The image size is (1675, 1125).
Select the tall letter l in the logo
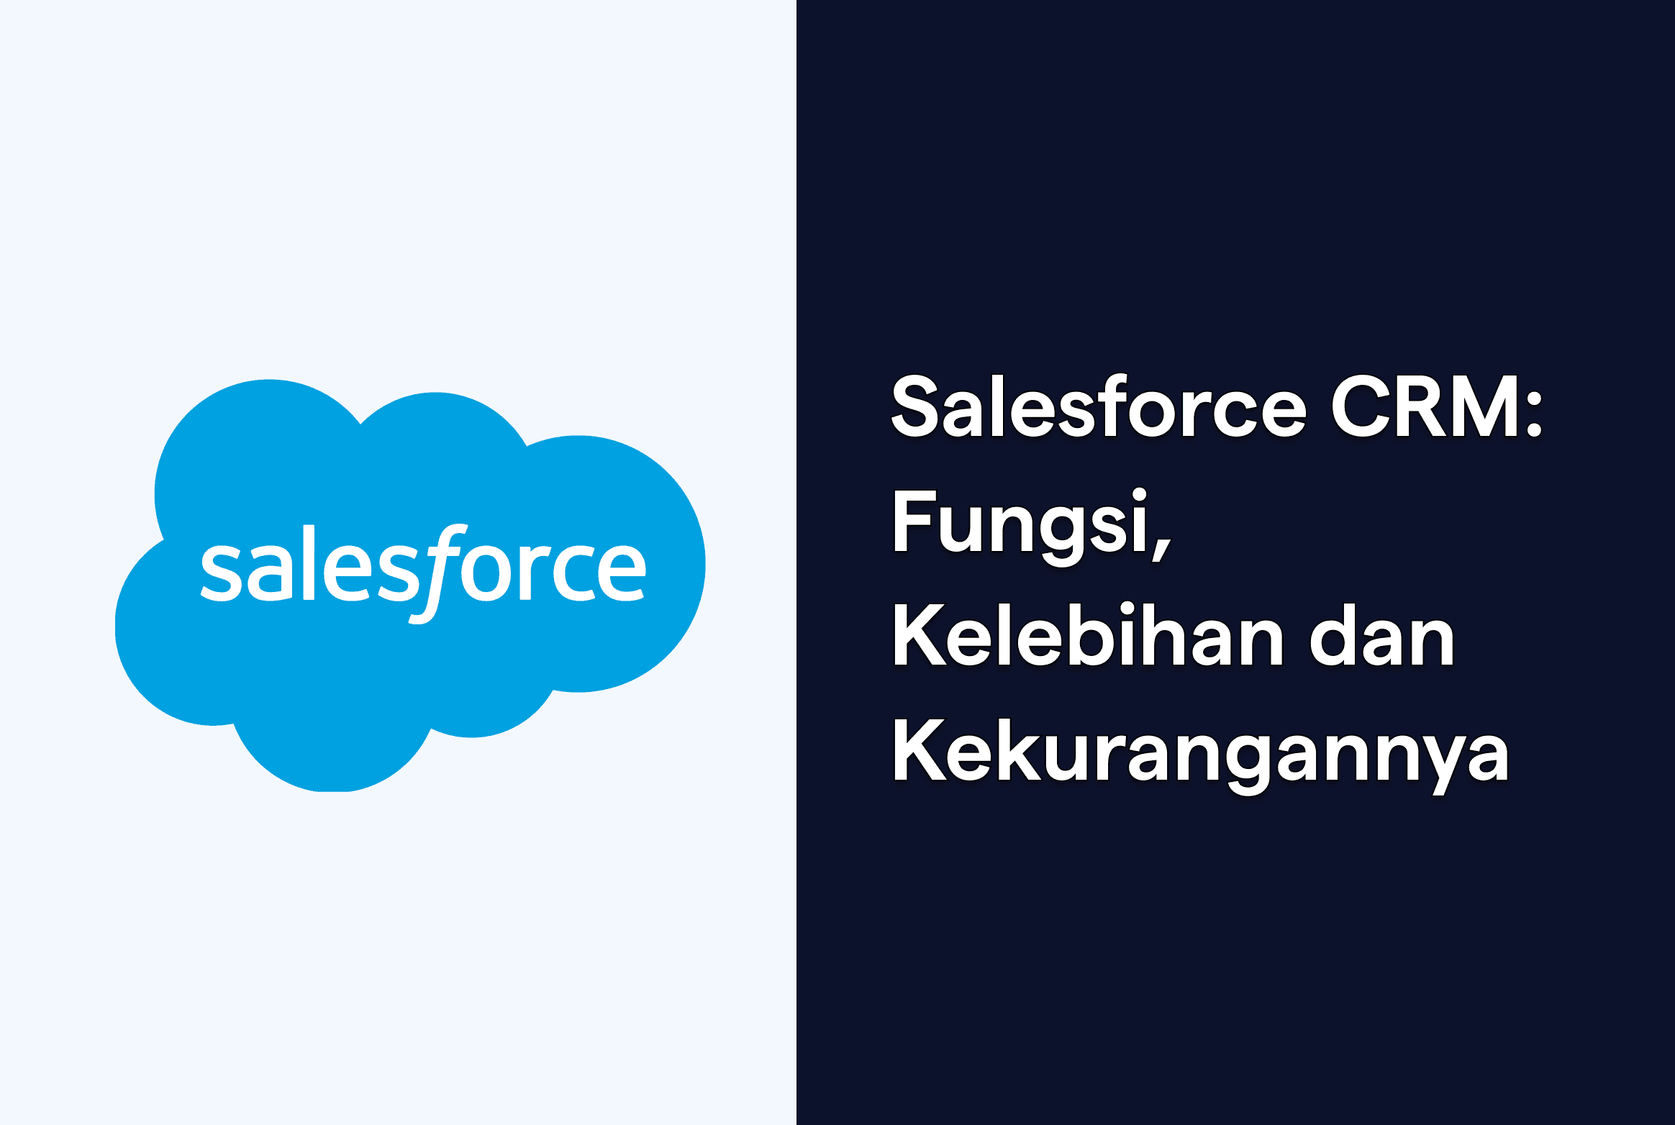(x=309, y=562)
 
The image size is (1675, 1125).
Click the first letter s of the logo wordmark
(x=221, y=573)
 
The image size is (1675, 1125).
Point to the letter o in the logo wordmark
(x=486, y=573)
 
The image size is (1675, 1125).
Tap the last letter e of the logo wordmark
(x=620, y=573)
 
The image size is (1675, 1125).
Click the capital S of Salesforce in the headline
(x=914, y=407)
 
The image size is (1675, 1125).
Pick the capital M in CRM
(x=1485, y=407)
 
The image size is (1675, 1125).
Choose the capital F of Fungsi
(x=913, y=521)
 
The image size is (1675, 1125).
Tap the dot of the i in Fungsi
(x=1139, y=494)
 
